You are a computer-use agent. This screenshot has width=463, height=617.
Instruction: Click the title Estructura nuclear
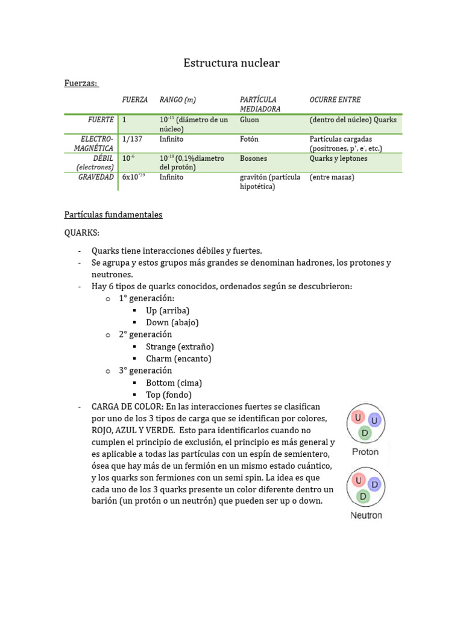coord(231,63)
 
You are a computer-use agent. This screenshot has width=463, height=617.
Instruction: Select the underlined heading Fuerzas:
coord(81,83)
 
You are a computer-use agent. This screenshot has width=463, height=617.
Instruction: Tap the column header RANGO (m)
coord(177,99)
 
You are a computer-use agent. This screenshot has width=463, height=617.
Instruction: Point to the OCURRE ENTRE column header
coord(335,99)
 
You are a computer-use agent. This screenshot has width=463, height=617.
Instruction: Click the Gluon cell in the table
coord(249,120)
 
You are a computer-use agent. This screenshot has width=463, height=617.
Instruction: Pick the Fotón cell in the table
coord(249,139)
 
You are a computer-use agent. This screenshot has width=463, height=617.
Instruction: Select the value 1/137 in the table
coord(132,139)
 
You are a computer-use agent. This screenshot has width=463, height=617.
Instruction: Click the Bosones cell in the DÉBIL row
coord(253,158)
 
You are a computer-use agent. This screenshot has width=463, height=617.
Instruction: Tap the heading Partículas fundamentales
coord(113,215)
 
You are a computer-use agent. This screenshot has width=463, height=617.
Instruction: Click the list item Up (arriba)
coord(168,310)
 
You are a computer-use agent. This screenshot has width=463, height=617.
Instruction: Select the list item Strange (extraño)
coord(180,346)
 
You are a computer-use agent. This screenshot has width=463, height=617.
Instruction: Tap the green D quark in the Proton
coord(365,433)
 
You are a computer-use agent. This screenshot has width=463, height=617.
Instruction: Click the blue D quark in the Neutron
coord(374,484)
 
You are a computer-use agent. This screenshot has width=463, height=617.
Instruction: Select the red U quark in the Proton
coord(358,418)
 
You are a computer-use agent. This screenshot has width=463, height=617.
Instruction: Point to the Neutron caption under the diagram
coord(366,516)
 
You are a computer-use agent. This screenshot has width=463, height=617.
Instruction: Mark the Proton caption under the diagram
coord(365,452)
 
